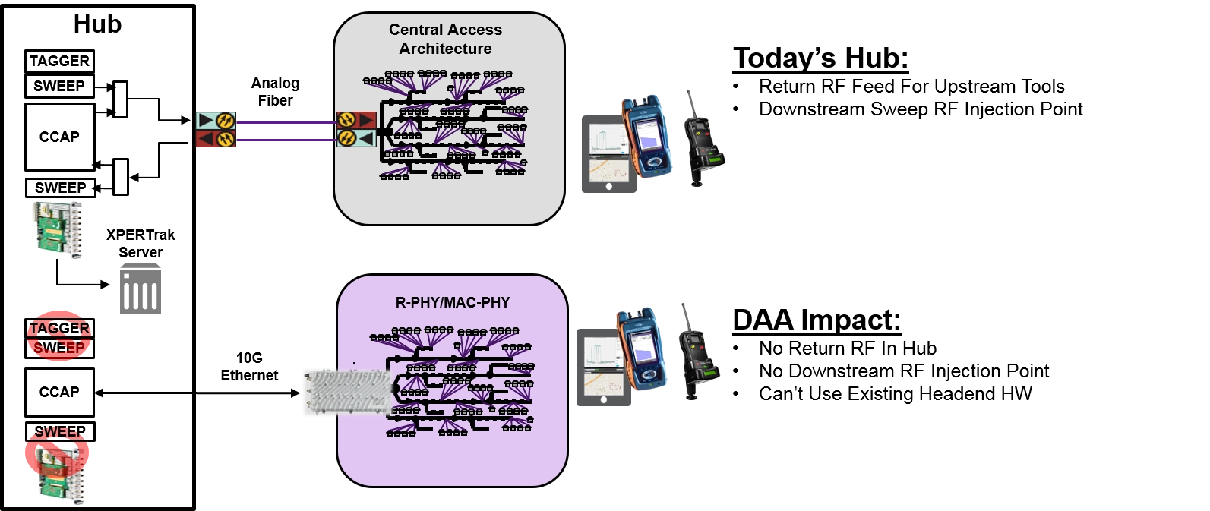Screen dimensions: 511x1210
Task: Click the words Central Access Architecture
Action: pyautogui.click(x=445, y=39)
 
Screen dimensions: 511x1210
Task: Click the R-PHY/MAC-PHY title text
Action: pyautogui.click(x=452, y=302)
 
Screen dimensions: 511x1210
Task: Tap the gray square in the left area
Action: pyautogui.click(x=140, y=289)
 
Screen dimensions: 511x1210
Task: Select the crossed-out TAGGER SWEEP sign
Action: pyautogui.click(x=58, y=336)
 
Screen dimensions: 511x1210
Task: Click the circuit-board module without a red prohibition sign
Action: pyautogui.click(x=57, y=231)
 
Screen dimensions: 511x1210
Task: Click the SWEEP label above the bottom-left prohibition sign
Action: pyautogui.click(x=59, y=432)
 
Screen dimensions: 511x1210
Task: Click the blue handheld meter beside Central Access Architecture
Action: pyautogui.click(x=648, y=137)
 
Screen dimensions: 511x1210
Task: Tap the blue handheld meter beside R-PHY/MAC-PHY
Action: pyautogui.click(x=642, y=349)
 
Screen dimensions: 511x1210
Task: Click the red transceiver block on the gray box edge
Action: pyautogui.click(x=356, y=120)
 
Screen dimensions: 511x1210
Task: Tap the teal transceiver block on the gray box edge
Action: pyautogui.click(x=356, y=138)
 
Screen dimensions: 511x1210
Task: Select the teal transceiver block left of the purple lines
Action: pyautogui.click(x=216, y=120)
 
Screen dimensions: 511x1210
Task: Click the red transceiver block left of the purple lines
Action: pyautogui.click(x=216, y=139)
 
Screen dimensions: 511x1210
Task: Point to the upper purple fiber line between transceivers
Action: pyautogui.click(x=287, y=122)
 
